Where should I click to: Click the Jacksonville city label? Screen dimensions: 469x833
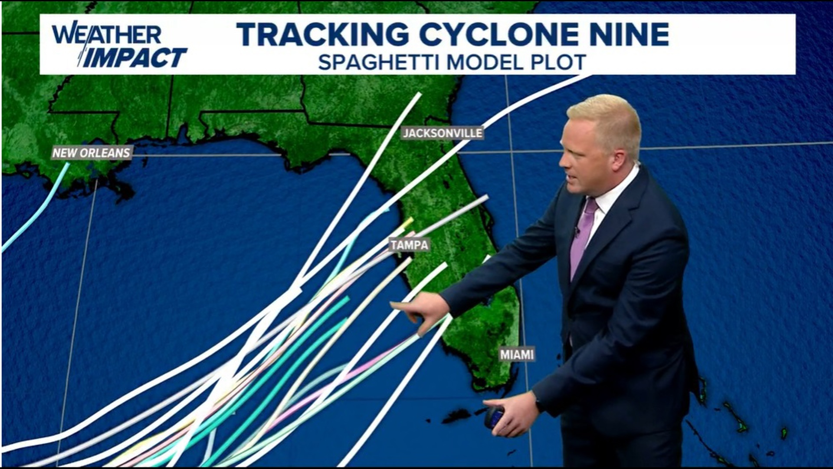tap(442, 133)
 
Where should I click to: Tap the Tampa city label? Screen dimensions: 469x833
tap(409, 245)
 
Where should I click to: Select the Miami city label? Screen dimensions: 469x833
tap(516, 355)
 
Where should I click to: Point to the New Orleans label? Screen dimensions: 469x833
tap(91, 153)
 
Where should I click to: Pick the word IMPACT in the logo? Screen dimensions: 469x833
tap(134, 58)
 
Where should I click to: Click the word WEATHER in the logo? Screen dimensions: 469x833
tap(106, 34)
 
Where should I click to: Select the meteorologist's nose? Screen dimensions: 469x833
tap(563, 162)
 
